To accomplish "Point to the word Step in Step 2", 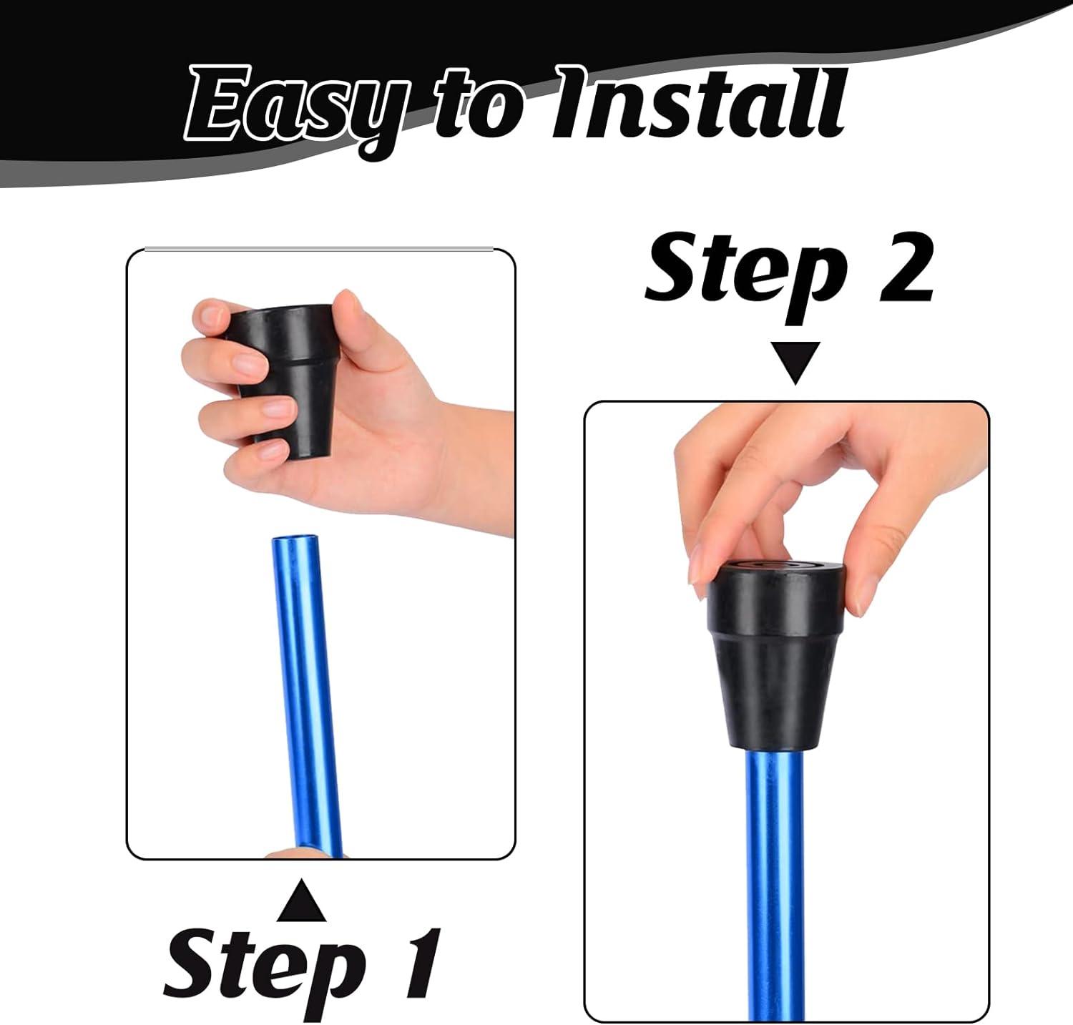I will click(x=744, y=275).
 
